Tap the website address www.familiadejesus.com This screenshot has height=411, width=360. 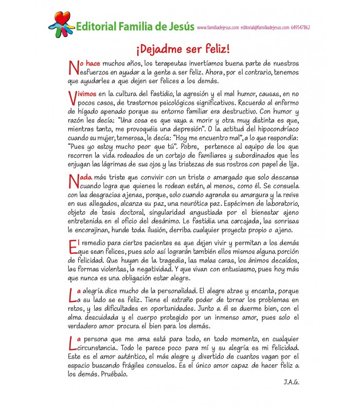pyautogui.click(x=218, y=28)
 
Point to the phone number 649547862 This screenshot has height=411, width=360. pyautogui.click(x=300, y=28)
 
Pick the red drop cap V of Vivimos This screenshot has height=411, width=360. pyautogui.click(x=71, y=98)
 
